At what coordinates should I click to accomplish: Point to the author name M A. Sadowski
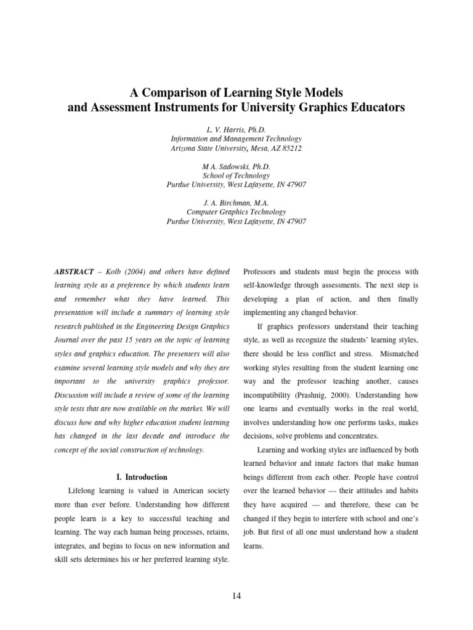236,167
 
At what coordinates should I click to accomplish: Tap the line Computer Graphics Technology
236,212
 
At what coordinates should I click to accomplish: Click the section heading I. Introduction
142,477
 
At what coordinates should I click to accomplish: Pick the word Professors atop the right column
263,272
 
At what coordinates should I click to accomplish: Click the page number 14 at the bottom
236,595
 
